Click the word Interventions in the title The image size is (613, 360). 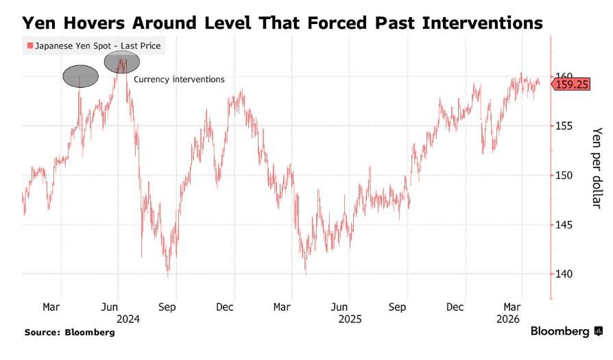(472, 23)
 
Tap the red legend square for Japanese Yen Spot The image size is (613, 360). (29, 47)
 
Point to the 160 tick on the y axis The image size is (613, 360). (564, 76)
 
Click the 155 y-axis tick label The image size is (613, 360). (564, 125)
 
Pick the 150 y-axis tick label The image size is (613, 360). (564, 175)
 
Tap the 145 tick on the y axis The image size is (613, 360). (564, 224)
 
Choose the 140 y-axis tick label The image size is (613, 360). (564, 274)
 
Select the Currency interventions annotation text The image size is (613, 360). (179, 80)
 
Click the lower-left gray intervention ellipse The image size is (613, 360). (80, 75)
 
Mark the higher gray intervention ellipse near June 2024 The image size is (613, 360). (122, 61)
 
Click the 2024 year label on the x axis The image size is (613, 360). (128, 319)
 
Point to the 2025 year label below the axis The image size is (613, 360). (350, 319)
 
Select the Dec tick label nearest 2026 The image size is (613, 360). (455, 307)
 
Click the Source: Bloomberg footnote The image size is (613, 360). (69, 332)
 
